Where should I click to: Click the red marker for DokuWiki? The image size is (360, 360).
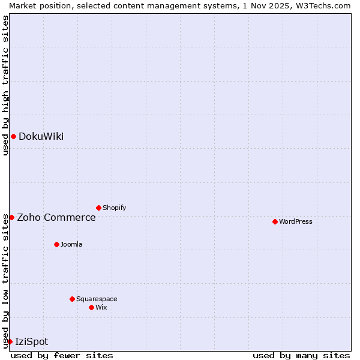pos(13,136)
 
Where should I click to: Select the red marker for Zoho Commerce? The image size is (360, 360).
pos(11,217)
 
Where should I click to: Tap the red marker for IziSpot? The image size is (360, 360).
pos(10,341)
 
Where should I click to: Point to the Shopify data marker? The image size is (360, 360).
pos(98,208)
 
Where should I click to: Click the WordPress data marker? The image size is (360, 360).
pos(275,221)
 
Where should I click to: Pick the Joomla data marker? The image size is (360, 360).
pos(56,244)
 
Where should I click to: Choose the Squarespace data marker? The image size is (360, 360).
pos(72,299)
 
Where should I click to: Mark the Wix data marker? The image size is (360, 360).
pos(91,307)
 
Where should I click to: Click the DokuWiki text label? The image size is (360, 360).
pos(41,136)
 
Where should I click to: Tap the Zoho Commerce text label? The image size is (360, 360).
pos(56,217)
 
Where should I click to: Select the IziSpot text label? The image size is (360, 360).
pos(31,341)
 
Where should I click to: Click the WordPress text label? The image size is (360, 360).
pos(296,221)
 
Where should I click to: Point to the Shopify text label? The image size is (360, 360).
pos(114,208)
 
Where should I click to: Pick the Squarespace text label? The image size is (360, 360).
pos(97,299)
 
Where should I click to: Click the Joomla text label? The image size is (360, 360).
pos(71,244)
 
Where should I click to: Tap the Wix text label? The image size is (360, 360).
pos(101,307)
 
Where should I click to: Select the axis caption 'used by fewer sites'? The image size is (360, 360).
pos(62,355)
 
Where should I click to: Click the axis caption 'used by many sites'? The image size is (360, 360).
pos(301,355)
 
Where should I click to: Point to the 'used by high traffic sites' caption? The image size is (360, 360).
pos(5,85)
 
